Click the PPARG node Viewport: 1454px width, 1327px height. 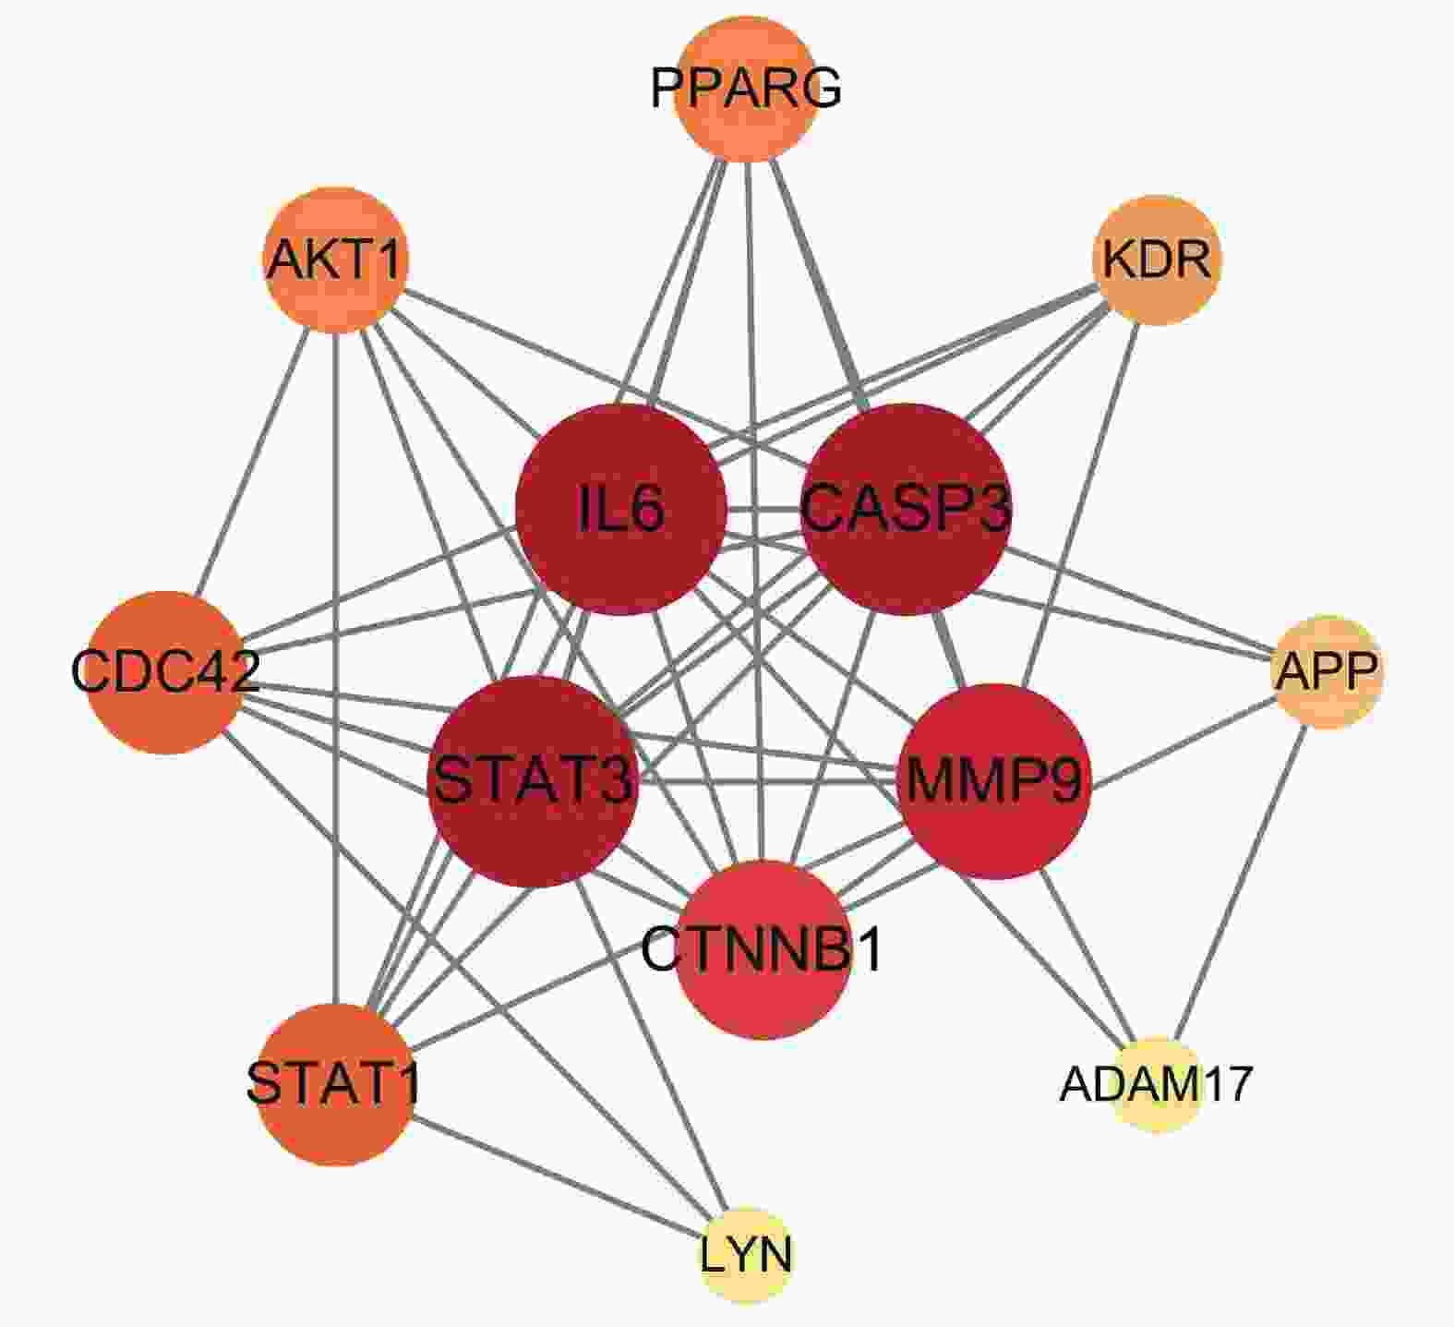pos(746,90)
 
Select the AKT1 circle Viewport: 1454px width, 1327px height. pos(336,259)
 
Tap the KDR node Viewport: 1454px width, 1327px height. pos(1157,259)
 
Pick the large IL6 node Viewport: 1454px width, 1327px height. pos(621,509)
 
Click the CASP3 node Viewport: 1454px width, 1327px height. pos(907,509)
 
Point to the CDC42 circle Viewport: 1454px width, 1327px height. pos(166,671)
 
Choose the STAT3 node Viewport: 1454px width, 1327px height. pos(534,781)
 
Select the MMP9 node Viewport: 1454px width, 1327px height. pos(995,781)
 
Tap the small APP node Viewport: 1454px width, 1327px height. pos(1327,671)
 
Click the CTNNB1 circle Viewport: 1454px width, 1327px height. pos(763,949)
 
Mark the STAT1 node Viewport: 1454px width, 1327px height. pos(334,1084)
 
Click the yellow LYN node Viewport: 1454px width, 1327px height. pos(746,1255)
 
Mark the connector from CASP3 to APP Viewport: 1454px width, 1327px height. pos(1136,599)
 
